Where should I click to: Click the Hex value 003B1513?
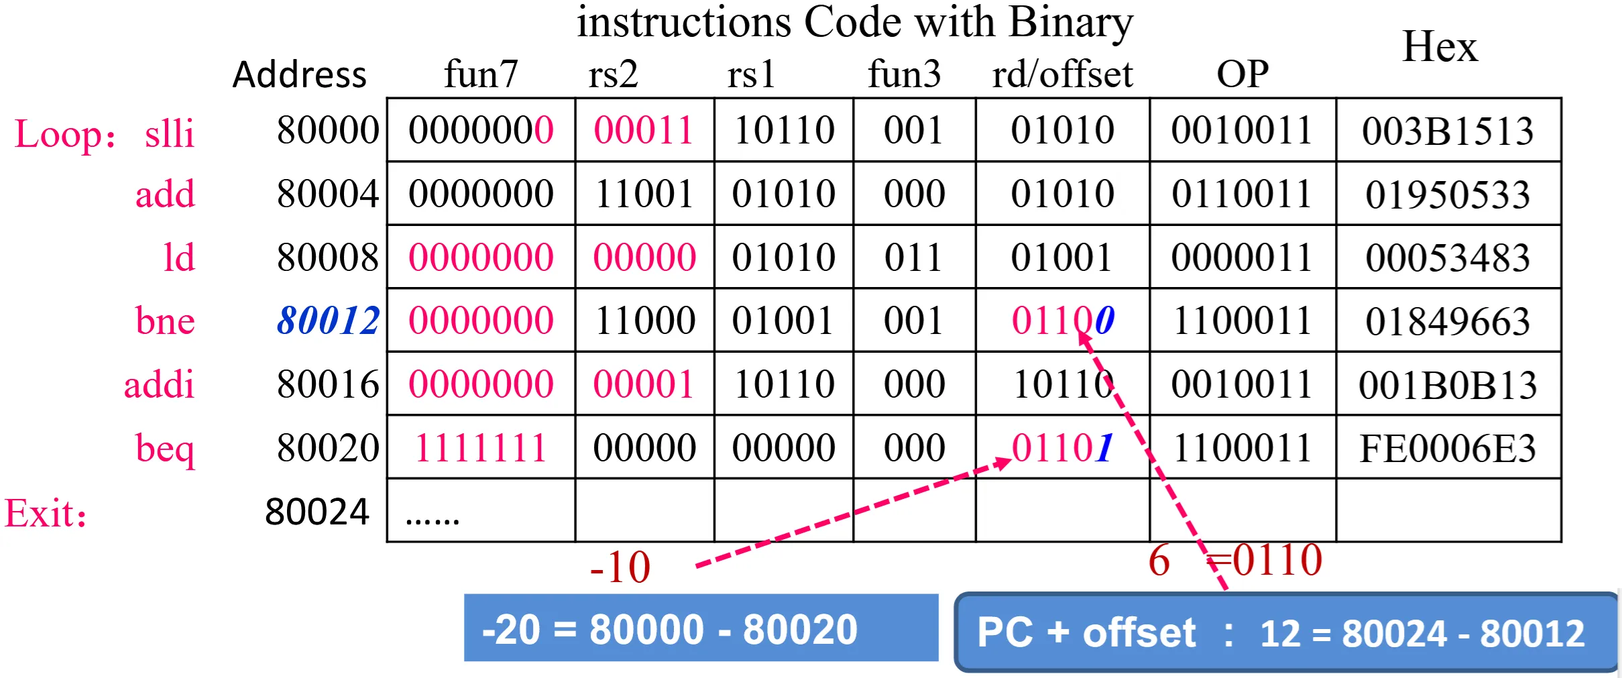tap(1448, 131)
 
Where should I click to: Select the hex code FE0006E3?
tap(1448, 448)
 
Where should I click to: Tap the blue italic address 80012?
tap(329, 321)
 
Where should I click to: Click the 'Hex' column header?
tap(1440, 47)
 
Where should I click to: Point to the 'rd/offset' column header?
tap(1062, 74)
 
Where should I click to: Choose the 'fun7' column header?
tap(481, 74)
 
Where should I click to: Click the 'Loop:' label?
tap(65, 134)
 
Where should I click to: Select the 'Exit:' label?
tap(46, 514)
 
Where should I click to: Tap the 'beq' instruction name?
tap(165, 449)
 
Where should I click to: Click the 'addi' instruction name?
tap(159, 384)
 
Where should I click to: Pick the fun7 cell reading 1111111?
tap(481, 448)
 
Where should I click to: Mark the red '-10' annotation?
tap(620, 567)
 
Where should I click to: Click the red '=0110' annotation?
tap(1265, 560)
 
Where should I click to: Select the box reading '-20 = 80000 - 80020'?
tap(701, 628)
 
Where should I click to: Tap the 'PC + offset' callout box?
tap(1286, 632)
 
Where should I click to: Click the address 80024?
tap(317, 512)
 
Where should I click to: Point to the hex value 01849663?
tap(1448, 321)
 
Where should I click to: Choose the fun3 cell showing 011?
tap(914, 258)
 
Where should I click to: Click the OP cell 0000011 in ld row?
tap(1242, 258)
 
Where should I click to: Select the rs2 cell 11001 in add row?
tap(644, 194)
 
